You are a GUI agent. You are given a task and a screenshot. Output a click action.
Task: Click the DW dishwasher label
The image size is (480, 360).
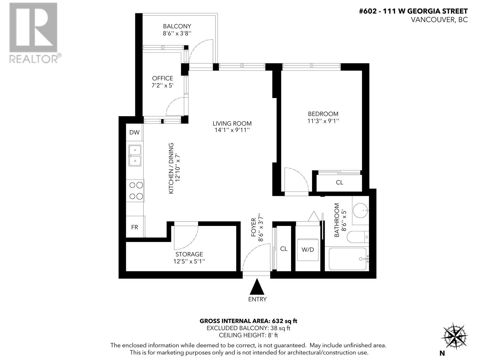[x=134, y=132]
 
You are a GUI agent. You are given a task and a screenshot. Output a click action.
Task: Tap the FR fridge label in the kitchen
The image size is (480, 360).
[x=134, y=227]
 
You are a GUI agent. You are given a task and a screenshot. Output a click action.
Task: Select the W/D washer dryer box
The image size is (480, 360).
[x=308, y=249]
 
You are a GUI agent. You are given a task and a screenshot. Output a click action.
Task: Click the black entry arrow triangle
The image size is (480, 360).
[x=257, y=287]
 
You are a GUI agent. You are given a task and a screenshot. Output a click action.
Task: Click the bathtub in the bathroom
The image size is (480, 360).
[x=347, y=259]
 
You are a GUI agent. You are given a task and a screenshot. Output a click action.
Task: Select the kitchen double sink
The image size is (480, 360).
[x=135, y=155]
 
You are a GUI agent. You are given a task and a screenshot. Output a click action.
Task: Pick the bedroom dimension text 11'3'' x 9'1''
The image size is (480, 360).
[x=323, y=121]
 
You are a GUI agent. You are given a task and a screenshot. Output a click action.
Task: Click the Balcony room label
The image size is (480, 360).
[x=177, y=26]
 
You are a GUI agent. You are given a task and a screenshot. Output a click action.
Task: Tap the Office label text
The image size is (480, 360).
[x=162, y=78]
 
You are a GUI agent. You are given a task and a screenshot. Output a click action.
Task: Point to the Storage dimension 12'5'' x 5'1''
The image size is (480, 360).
[x=189, y=261]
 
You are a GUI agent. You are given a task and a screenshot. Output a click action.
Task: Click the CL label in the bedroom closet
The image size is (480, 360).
[x=339, y=182]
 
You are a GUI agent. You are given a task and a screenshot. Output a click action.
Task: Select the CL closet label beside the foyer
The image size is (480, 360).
[x=283, y=249]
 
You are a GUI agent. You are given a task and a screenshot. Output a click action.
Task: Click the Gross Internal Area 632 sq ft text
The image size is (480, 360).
[x=248, y=321]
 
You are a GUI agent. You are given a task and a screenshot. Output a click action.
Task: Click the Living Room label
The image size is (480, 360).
[x=232, y=123]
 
